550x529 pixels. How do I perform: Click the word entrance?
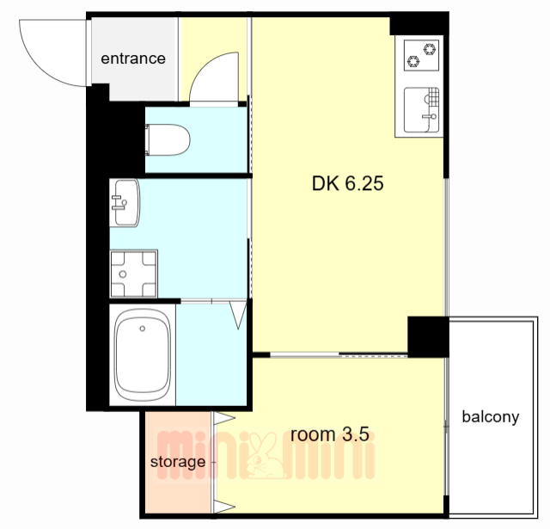(x=133, y=58)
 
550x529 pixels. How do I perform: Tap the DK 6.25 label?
(x=347, y=183)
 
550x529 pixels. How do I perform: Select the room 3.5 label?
(x=330, y=434)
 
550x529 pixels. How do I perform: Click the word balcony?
(x=491, y=417)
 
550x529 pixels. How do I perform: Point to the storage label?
(x=178, y=462)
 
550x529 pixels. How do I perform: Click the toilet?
(x=168, y=139)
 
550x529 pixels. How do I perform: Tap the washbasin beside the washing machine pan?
(x=125, y=203)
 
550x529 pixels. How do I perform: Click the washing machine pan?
(x=134, y=274)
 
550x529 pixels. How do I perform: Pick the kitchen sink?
(x=422, y=110)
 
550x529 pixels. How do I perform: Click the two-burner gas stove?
(x=421, y=55)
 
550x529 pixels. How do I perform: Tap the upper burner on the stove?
(x=430, y=49)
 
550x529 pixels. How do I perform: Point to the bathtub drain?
(x=142, y=329)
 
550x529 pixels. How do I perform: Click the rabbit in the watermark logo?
(x=264, y=457)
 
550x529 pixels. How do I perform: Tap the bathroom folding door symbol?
(x=239, y=315)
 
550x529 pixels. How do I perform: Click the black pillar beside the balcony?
(x=428, y=336)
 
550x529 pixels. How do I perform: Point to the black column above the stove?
(x=419, y=24)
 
